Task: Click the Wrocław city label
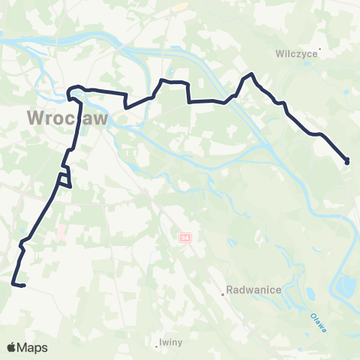[68, 118]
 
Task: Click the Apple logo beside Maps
[13, 347]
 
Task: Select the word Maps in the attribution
[33, 347]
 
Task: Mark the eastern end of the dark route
[347, 161]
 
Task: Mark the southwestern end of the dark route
[13, 283]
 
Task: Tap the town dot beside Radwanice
[223, 294]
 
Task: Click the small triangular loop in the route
[65, 178]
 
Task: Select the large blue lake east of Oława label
[346, 285]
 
